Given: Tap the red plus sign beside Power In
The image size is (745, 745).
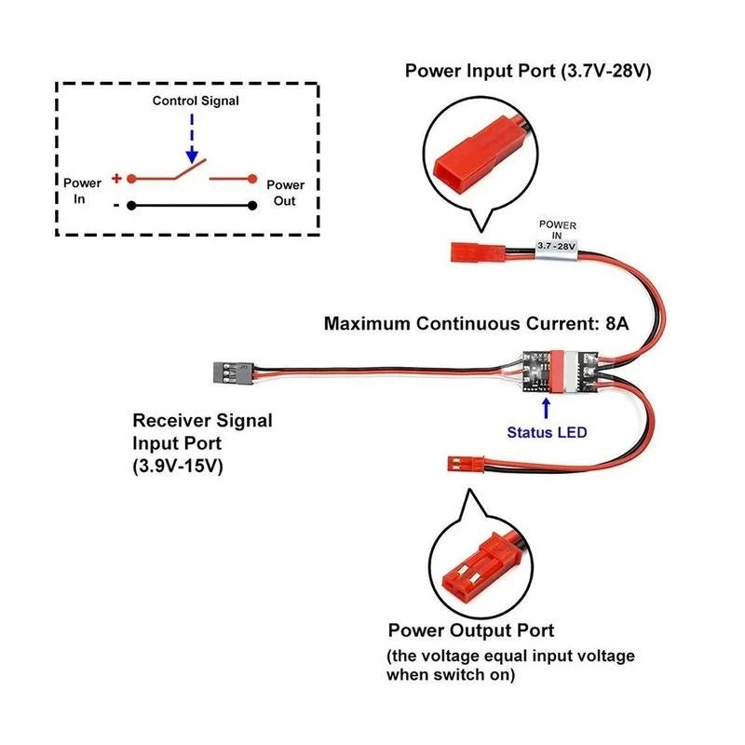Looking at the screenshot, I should click(x=116, y=178).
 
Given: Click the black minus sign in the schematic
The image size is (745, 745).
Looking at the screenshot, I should click(x=116, y=205).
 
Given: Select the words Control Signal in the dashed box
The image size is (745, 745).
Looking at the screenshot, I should click(x=195, y=100).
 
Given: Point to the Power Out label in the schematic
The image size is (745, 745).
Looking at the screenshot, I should click(x=285, y=192).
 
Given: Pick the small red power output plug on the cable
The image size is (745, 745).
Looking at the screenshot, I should click(x=460, y=462).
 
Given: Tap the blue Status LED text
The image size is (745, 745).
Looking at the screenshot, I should click(x=547, y=432).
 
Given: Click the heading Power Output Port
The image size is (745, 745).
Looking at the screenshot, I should click(x=471, y=630).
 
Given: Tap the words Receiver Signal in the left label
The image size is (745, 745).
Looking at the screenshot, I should click(x=203, y=420).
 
